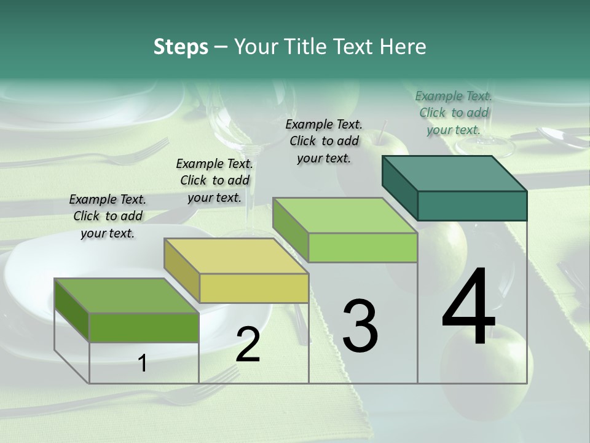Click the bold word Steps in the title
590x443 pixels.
181,47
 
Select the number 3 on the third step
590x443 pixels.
360,325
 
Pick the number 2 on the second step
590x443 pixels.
248,345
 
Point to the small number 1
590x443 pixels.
143,363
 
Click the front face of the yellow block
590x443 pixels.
254,288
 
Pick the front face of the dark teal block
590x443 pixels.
472,206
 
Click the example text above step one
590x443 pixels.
108,216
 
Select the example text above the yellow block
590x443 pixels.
214,180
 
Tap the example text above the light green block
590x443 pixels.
324,141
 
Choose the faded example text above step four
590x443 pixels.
454,113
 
